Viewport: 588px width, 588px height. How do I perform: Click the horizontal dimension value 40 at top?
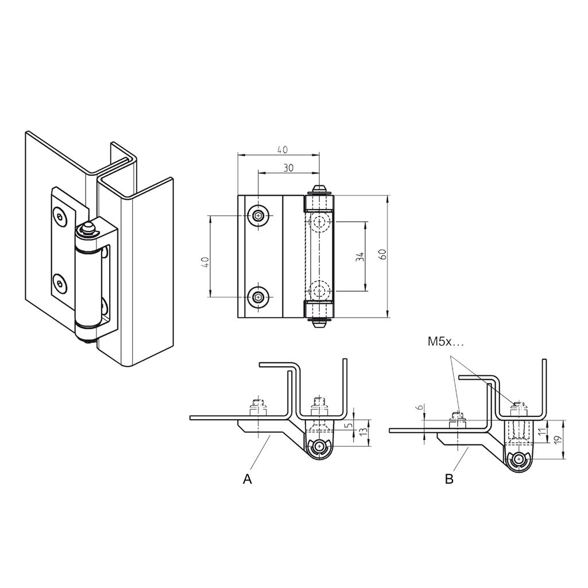point(282,150)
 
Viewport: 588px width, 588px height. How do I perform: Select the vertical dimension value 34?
point(360,257)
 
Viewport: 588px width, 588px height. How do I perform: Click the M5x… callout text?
point(444,342)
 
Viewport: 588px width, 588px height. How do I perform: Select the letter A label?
point(247,479)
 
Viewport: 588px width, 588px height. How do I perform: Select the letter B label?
point(449,479)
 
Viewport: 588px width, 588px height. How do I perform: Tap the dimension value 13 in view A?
point(363,432)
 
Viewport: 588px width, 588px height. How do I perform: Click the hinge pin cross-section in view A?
point(319,446)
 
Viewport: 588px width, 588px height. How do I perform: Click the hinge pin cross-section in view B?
point(519,459)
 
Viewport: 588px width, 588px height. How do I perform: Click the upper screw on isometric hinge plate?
point(60,216)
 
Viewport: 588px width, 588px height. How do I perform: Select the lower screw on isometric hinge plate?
point(59,283)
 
